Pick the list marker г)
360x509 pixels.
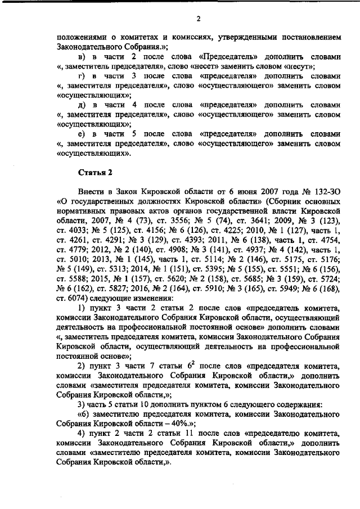click(x=82, y=75)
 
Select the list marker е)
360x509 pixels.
click(x=82, y=134)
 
